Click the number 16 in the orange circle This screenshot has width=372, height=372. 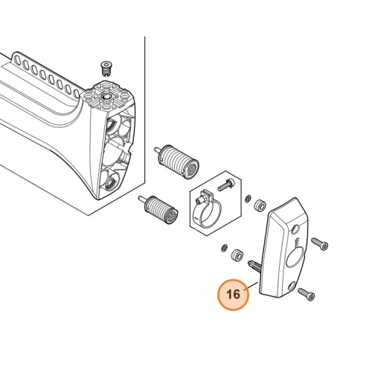point(234,295)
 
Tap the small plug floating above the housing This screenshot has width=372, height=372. point(106,68)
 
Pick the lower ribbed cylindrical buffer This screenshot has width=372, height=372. point(158,208)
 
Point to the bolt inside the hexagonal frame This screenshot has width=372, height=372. point(226,185)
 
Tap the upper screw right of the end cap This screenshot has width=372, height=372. point(320,243)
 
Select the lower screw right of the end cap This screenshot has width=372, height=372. point(307,294)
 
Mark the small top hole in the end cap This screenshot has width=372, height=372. point(295,229)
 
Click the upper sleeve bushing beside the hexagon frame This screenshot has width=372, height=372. point(260,205)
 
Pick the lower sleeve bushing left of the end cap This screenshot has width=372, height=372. point(237,254)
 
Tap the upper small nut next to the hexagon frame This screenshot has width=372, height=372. point(247,199)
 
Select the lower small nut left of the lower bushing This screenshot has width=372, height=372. point(224,248)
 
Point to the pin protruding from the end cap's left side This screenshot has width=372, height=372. point(254,265)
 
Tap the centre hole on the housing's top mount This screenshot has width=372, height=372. point(106,97)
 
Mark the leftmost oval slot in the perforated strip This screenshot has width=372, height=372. point(18,60)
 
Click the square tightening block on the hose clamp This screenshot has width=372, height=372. point(205,196)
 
